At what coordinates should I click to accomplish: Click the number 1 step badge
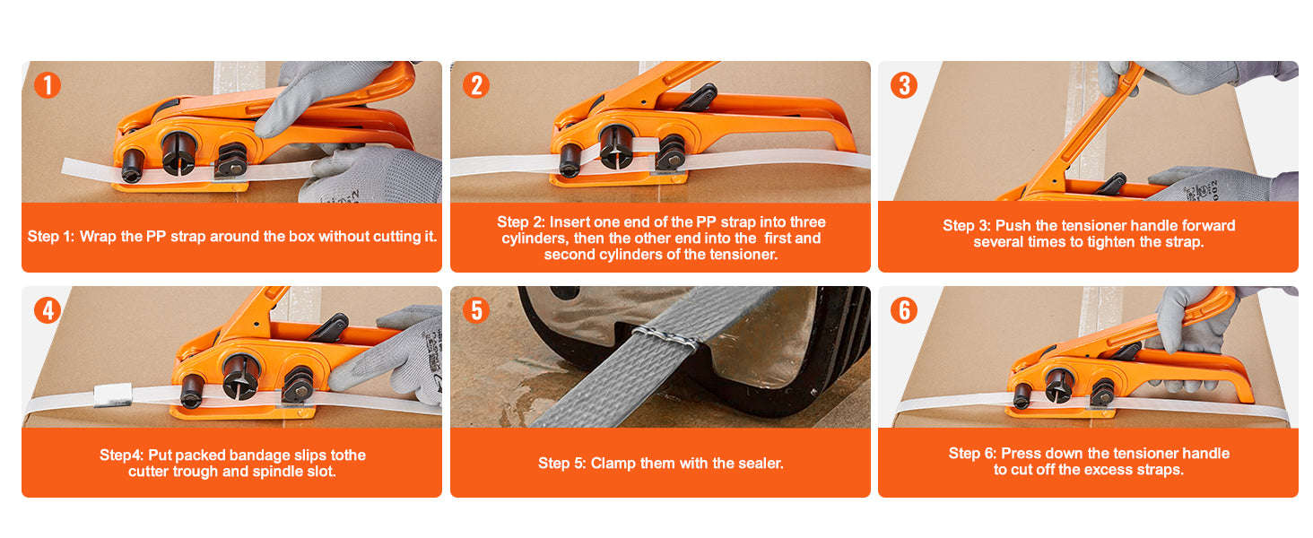pos(48,85)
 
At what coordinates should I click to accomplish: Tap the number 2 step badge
pos(476,85)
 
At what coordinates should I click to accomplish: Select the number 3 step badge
pos(904,85)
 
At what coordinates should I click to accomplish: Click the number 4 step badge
pos(48,310)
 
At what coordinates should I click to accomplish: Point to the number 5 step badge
pos(476,310)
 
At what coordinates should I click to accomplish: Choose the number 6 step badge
pos(904,310)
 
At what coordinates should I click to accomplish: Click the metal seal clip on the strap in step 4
pos(113,395)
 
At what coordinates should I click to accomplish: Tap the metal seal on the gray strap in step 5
pos(665,337)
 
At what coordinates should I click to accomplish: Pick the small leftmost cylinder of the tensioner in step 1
pos(133,164)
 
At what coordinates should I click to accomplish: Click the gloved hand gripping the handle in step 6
pos(1188,323)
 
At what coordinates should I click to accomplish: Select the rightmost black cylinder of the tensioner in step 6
pos(1102,391)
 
